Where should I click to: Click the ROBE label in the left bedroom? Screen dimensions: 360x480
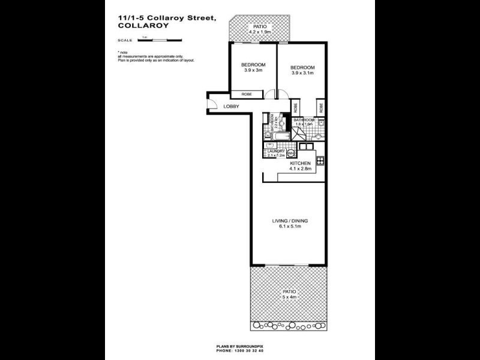pos(246,94)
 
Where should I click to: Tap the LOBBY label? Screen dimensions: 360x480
pos(231,107)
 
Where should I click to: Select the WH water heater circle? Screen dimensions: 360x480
pos(290,153)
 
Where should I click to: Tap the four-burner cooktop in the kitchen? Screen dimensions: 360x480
pos(321,160)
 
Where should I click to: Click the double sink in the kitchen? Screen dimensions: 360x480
pos(306,146)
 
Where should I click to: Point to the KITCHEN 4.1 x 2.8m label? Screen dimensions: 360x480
pos(300,166)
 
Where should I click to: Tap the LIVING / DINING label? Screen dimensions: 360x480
pos(290,223)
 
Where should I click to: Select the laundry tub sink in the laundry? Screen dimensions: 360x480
pos(268,154)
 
